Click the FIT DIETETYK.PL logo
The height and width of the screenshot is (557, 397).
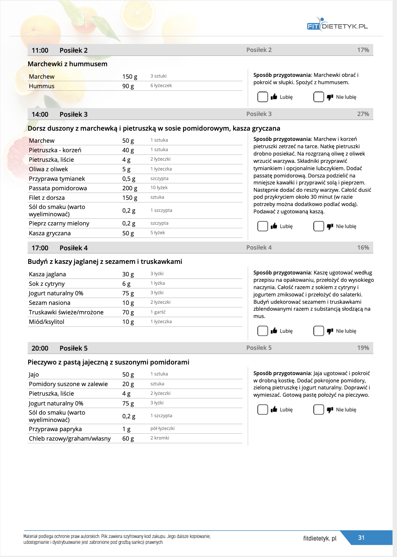(x=337, y=25)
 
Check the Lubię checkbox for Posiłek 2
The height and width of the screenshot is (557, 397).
(x=262, y=97)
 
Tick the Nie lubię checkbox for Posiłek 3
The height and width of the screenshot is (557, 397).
(x=318, y=226)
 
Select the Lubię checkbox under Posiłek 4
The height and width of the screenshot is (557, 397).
(x=262, y=331)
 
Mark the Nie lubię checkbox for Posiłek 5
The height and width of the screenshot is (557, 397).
(x=318, y=410)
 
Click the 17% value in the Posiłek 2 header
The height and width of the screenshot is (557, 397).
(x=363, y=50)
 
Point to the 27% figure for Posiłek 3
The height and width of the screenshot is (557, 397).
(x=363, y=114)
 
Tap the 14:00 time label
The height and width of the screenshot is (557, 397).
(x=40, y=114)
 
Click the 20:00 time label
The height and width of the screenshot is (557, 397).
(x=40, y=348)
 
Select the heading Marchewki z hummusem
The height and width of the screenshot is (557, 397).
(x=68, y=64)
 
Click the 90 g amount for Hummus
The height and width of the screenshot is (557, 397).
(x=128, y=86)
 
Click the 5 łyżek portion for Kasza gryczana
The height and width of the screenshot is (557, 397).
(x=158, y=233)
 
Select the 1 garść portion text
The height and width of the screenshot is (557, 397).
(x=158, y=312)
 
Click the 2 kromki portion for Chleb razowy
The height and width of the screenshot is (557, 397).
(x=160, y=438)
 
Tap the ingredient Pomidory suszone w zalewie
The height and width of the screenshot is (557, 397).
(x=68, y=384)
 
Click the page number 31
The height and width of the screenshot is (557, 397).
(x=361, y=538)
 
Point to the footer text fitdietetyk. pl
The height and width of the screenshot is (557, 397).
(x=320, y=538)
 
